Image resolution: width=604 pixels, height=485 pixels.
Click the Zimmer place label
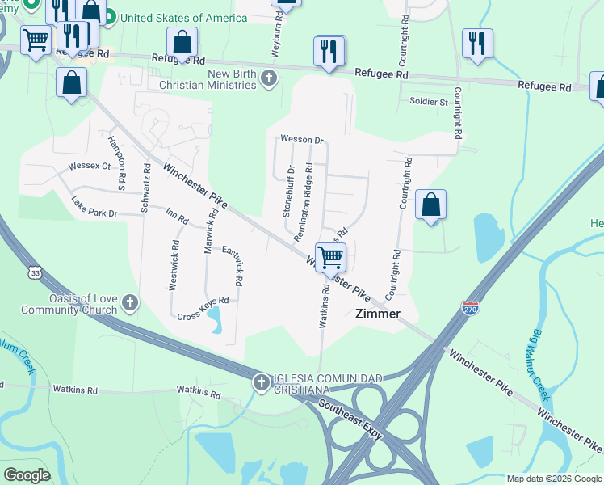pos(378,314)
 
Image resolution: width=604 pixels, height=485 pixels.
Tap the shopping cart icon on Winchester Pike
pos(330,258)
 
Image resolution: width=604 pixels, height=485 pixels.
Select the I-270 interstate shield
pos(471,307)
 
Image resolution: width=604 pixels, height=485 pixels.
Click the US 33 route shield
pos(33,272)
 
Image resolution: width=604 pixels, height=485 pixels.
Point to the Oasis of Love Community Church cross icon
pos(130,304)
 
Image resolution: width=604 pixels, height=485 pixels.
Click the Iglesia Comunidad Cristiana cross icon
pos(261,383)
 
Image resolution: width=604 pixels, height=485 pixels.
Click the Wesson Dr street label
pos(301,139)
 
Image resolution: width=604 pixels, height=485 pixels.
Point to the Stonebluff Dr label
pos(287,192)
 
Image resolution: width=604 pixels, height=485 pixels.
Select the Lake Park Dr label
pos(94,207)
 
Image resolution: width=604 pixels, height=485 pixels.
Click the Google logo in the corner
pos(27,475)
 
